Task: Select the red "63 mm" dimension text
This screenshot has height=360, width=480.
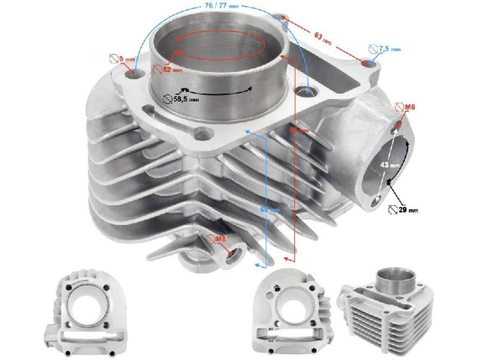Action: [x=322, y=36]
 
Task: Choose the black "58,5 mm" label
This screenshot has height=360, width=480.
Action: [x=185, y=99]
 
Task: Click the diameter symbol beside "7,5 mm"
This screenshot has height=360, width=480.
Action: [x=373, y=48]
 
